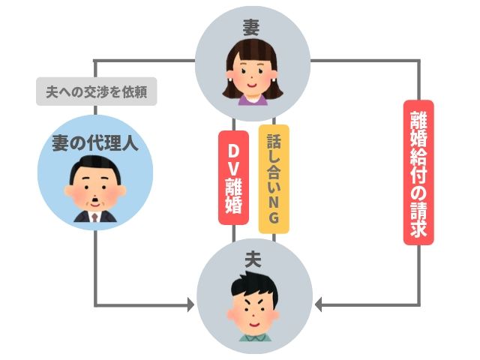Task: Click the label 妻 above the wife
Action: pyautogui.click(x=251, y=26)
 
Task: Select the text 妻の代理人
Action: pyautogui.click(x=96, y=143)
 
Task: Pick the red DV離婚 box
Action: pyautogui.click(x=233, y=178)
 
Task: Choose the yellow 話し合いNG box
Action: pyautogui.click(x=273, y=178)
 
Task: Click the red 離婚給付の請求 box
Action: pyautogui.click(x=418, y=172)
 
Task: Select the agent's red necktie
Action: pyautogui.click(x=95, y=218)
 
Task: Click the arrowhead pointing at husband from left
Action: pyautogui.click(x=190, y=305)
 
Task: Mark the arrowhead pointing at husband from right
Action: pyautogui.click(x=319, y=305)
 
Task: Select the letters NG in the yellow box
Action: pyautogui.click(x=273, y=211)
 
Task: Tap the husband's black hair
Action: pyautogui.click(x=253, y=283)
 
